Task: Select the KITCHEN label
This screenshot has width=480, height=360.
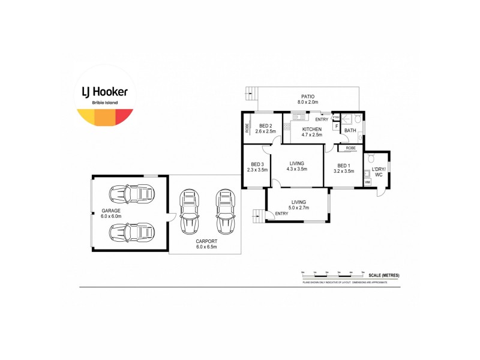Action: point(311,129)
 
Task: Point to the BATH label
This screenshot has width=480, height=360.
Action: point(349,130)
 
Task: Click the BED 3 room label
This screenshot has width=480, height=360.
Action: point(257,164)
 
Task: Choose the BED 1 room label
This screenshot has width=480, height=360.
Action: point(343,166)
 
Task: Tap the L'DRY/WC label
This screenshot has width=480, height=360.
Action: point(378,171)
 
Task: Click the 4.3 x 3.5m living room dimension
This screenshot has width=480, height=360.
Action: point(298,169)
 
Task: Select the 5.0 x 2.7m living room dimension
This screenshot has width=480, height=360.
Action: point(298,208)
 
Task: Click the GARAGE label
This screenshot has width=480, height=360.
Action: point(110,211)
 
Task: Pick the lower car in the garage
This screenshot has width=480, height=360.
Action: point(131,232)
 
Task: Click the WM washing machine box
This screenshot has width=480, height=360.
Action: point(367,181)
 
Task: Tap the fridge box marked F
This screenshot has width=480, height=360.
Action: point(337,127)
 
